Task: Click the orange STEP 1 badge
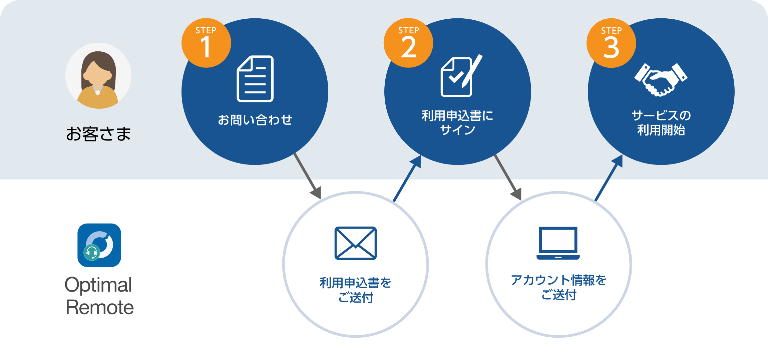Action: (x=206, y=43)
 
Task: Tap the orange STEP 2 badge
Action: (x=408, y=43)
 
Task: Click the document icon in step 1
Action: (x=255, y=79)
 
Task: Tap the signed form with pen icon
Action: (x=460, y=76)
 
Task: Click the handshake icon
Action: (x=661, y=79)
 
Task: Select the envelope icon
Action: (x=356, y=243)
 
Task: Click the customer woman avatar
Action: (x=98, y=76)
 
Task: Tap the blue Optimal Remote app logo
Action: (x=99, y=245)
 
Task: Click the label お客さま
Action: (x=98, y=134)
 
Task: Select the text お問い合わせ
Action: (x=255, y=120)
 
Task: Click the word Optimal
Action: (x=98, y=285)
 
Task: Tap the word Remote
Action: (x=99, y=307)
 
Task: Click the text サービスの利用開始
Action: (x=661, y=123)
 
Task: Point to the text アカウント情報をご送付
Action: (x=559, y=287)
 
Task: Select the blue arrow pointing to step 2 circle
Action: (x=407, y=178)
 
